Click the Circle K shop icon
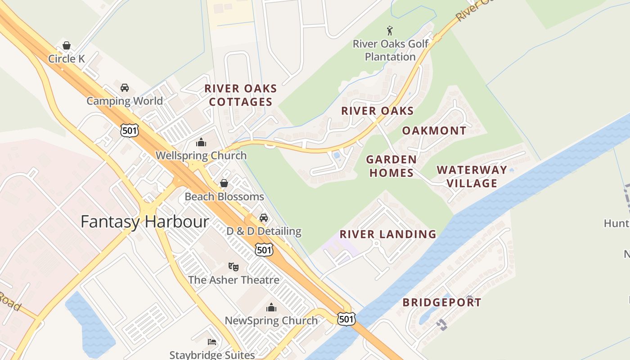(67, 45)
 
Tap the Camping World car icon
(125, 88)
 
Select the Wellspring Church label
(201, 156)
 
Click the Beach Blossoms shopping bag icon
(224, 183)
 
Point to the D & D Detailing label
(264, 231)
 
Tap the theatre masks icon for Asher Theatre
(233, 267)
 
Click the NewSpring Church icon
(271, 308)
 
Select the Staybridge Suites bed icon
(212, 342)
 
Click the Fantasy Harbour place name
(144, 221)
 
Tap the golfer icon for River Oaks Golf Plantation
(390, 31)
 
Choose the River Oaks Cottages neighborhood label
(241, 95)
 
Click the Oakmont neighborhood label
(434, 131)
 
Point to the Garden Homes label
(391, 166)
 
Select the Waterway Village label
(472, 176)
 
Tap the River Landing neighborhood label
(387, 234)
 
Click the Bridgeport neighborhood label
(441, 302)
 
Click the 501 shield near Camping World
(130, 130)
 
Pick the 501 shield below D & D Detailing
(264, 250)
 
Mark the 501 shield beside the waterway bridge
(346, 319)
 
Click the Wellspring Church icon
(201, 143)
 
